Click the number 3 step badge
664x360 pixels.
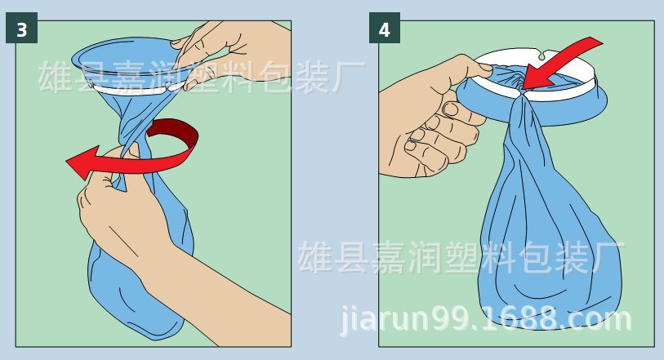tap(21, 30)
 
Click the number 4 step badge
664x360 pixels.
tap(384, 30)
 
